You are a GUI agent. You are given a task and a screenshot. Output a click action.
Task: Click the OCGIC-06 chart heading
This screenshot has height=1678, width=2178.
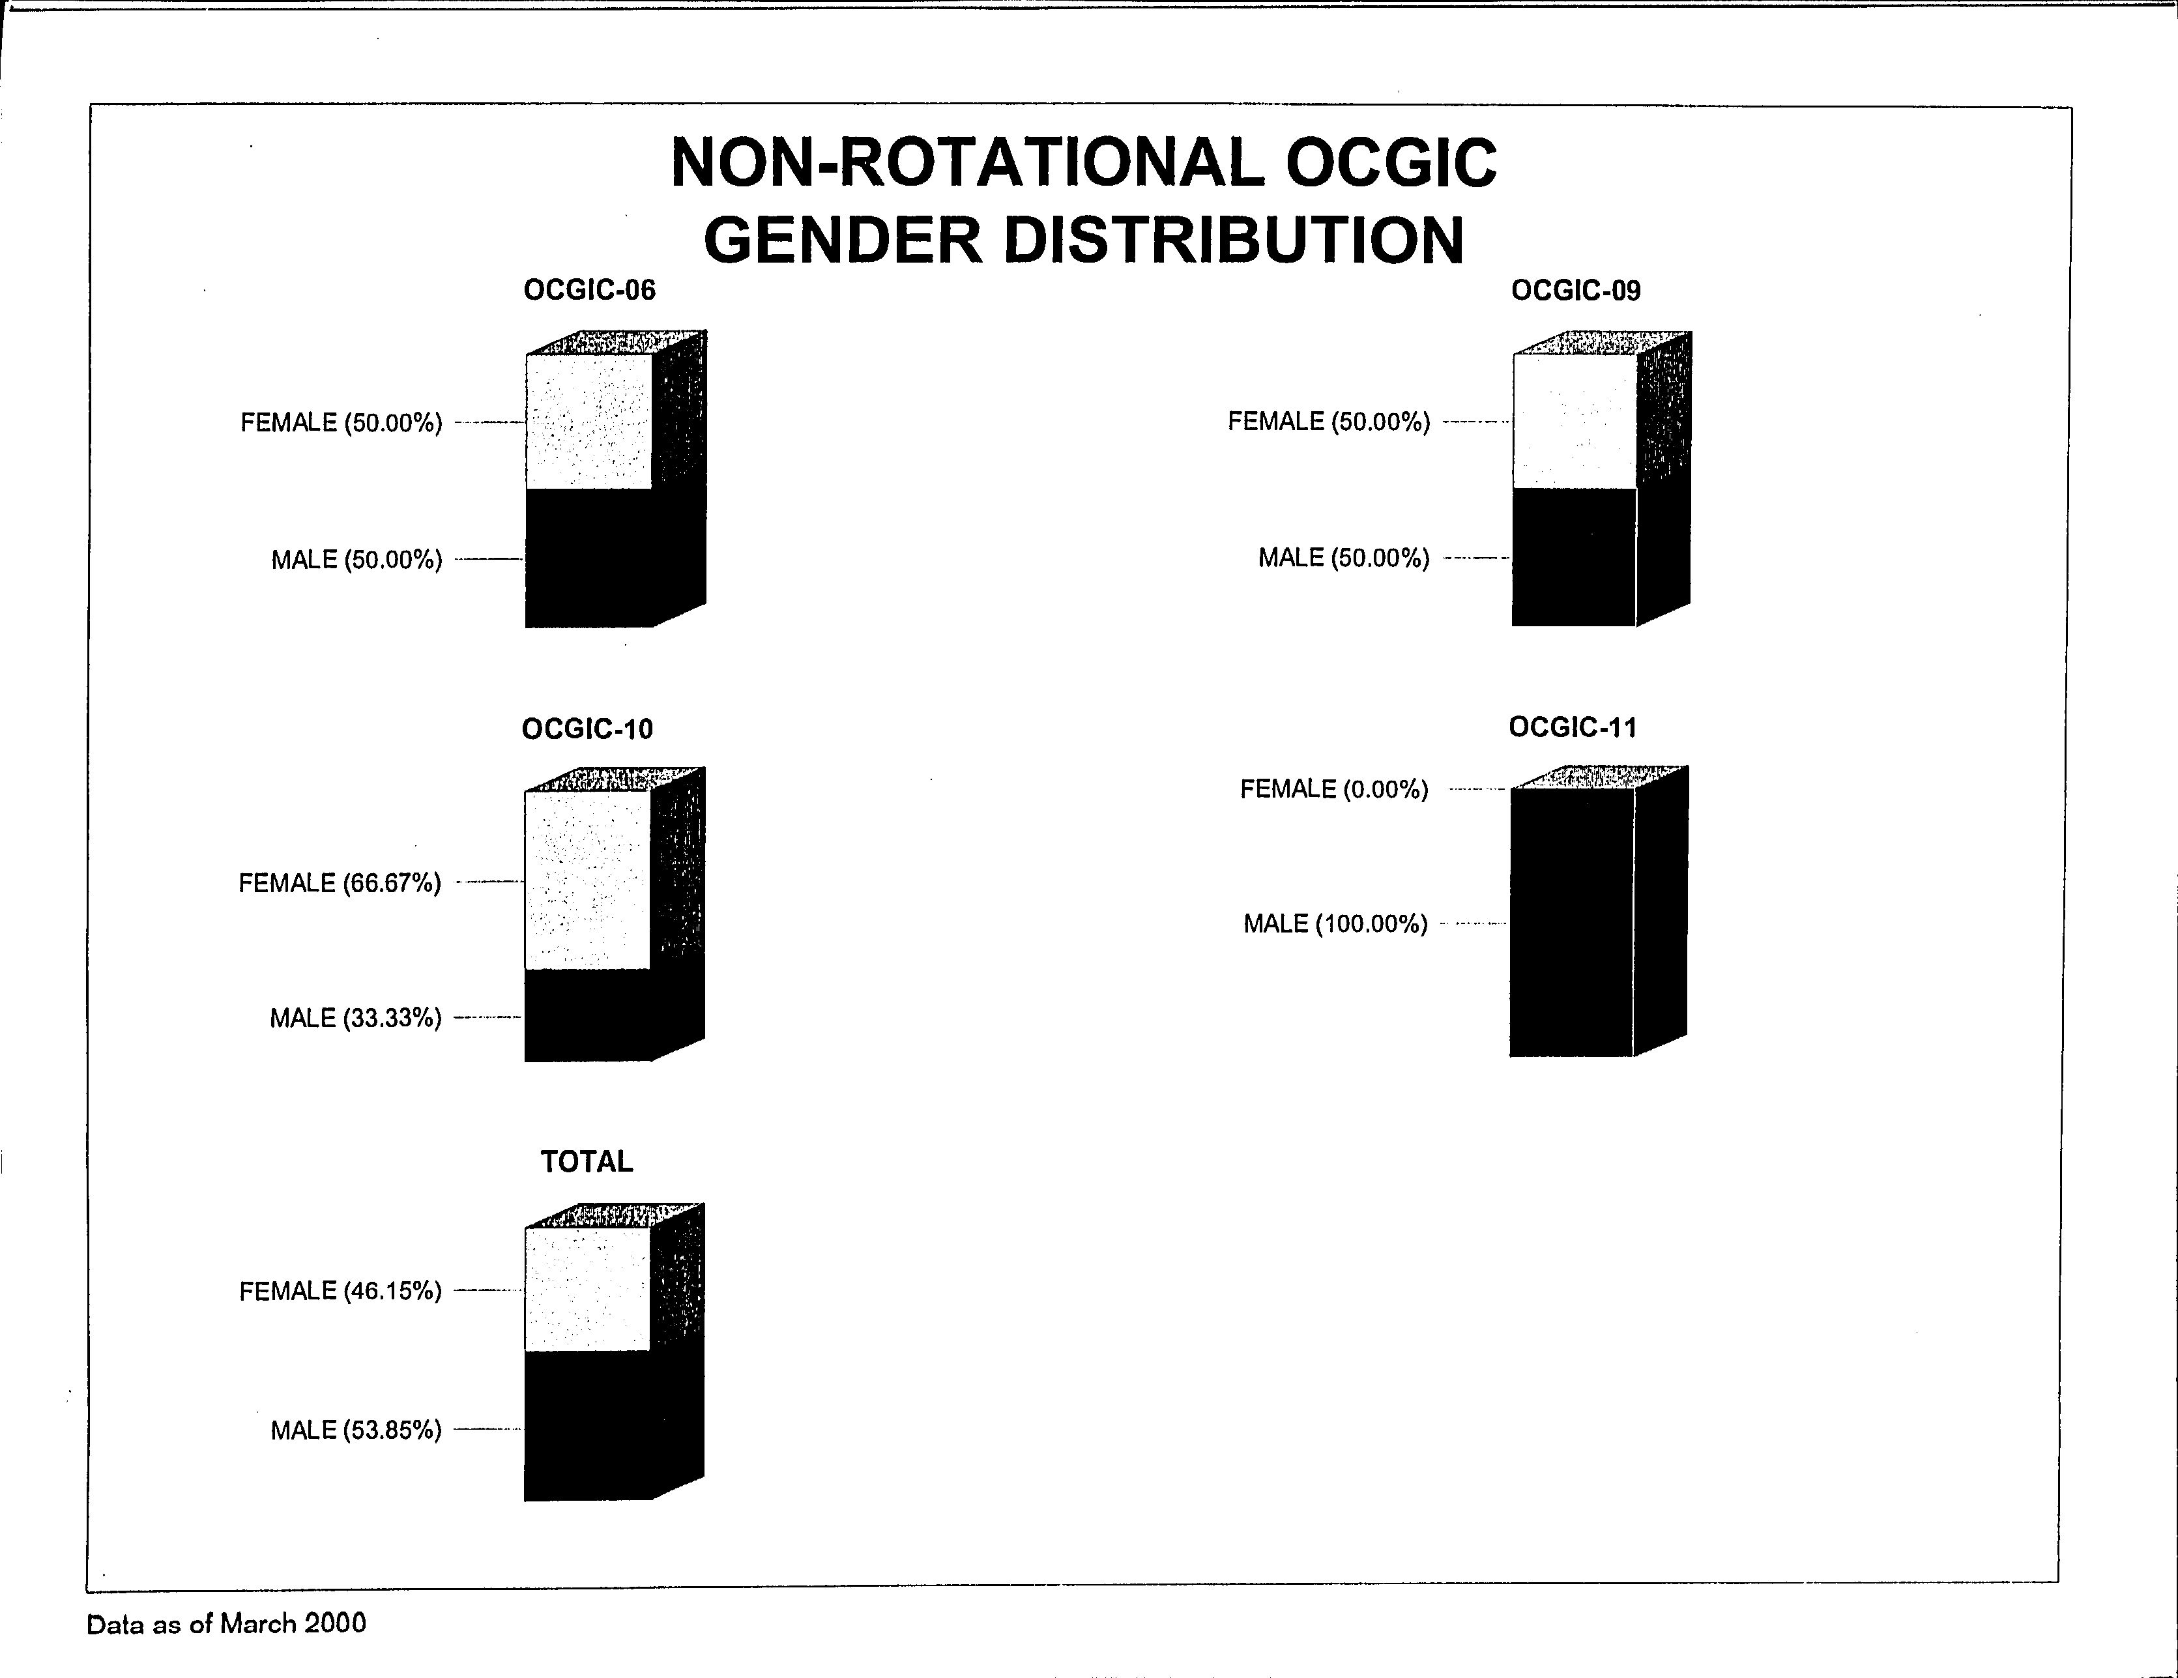point(589,290)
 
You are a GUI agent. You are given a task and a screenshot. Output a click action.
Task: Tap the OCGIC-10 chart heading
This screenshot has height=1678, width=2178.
point(587,729)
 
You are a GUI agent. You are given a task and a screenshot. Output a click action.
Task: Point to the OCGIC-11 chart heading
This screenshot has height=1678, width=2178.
point(1573,727)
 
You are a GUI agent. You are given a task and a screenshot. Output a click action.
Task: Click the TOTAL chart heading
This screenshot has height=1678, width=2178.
point(587,1161)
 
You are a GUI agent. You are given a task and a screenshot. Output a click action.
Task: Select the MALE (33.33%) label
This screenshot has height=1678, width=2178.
point(355,1018)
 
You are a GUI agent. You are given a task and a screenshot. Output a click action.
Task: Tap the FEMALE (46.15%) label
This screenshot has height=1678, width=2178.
point(340,1291)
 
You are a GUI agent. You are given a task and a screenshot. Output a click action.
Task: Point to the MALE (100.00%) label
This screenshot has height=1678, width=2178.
point(1335,924)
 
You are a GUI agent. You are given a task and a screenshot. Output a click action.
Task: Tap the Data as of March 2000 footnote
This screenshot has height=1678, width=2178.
point(226,1624)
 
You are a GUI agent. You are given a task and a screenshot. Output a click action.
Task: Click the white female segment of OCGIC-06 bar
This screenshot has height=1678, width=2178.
point(588,422)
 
